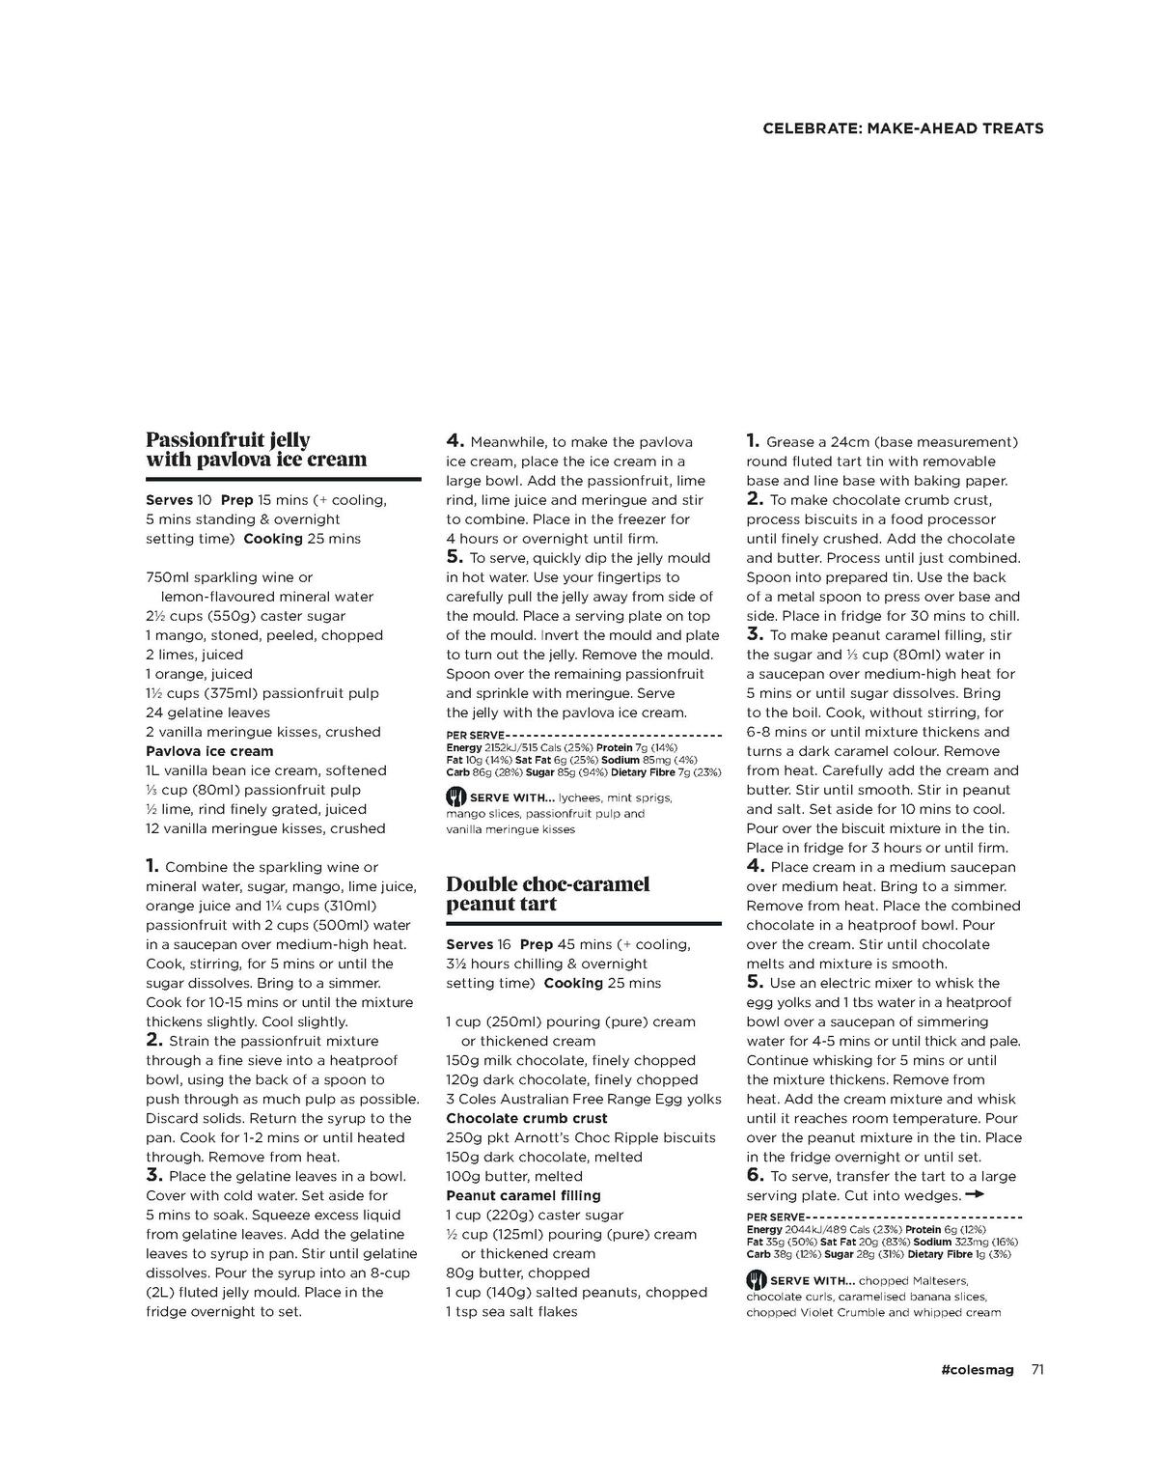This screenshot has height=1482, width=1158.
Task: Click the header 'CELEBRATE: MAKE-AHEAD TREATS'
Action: [x=902, y=128]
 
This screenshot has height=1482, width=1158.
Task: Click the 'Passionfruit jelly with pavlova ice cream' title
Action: [x=256, y=450]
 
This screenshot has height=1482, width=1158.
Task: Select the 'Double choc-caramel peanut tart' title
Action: [x=547, y=894]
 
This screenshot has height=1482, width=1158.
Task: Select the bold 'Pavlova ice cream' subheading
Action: [x=209, y=751]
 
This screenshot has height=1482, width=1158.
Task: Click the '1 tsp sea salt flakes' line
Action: [x=511, y=1311]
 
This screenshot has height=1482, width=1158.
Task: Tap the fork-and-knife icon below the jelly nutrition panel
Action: [x=455, y=797]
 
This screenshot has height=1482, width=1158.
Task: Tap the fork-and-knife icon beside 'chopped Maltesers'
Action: [x=756, y=1280]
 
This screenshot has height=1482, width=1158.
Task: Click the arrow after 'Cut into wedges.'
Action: [x=975, y=1194]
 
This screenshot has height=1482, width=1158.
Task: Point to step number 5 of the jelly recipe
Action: [x=455, y=557]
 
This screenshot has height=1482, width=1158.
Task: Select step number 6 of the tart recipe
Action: [x=755, y=1175]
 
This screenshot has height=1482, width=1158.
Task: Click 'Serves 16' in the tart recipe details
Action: [x=478, y=944]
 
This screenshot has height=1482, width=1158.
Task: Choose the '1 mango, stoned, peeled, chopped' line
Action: [x=264, y=635]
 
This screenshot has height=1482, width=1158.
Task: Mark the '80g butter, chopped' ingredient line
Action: [x=517, y=1272]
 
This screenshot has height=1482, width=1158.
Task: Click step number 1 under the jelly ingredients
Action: [x=152, y=866]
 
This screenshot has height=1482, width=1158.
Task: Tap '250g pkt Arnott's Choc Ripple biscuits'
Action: [x=580, y=1137]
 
